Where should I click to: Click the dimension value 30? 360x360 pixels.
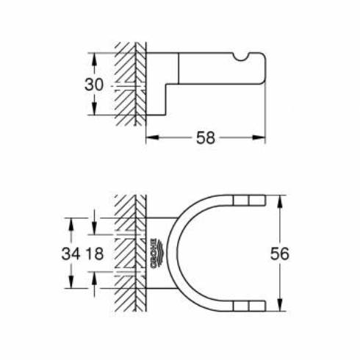94,84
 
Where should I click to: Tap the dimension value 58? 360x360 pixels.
206,138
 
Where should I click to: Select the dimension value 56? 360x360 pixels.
280,253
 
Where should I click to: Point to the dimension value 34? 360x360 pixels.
71,253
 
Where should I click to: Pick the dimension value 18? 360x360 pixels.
94,253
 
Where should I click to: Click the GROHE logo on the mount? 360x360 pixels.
156,253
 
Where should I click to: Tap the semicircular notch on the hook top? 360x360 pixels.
240,57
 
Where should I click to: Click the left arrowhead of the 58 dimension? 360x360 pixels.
152,137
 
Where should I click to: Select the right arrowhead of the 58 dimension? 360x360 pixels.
259,137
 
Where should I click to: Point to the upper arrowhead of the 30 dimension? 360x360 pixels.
94,60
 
